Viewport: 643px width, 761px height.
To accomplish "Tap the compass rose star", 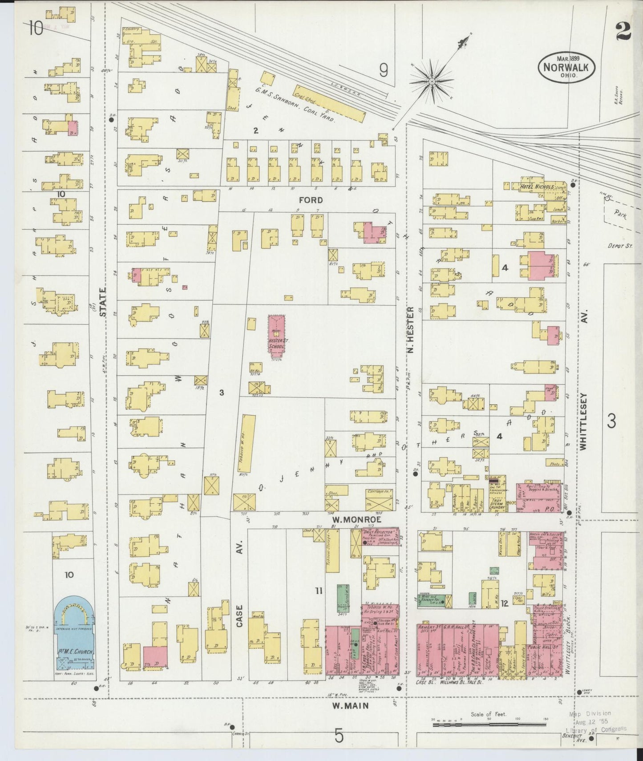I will [x=431, y=82].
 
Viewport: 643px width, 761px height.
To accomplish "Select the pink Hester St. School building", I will [x=276, y=334].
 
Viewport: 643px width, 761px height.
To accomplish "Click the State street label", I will [x=103, y=302].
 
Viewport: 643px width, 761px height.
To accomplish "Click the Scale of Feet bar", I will [x=488, y=725].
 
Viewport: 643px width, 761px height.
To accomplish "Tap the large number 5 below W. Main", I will [x=339, y=736].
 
